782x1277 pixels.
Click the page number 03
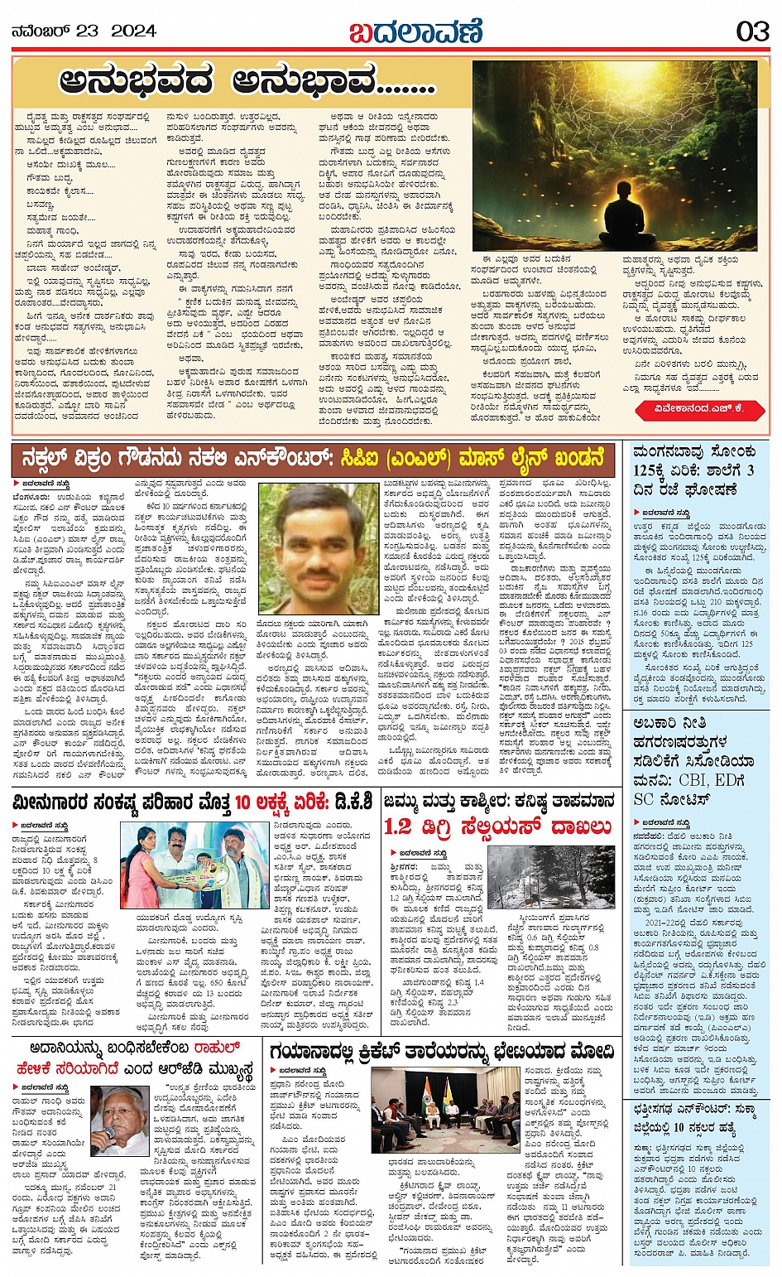tap(752, 31)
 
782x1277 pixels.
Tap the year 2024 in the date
tap(133, 31)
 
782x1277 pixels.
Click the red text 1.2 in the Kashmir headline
tap(398, 826)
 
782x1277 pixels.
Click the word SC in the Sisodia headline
tap(643, 799)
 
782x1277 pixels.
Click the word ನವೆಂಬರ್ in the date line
tap(41, 31)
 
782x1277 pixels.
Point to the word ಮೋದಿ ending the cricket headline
tap(591, 1053)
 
